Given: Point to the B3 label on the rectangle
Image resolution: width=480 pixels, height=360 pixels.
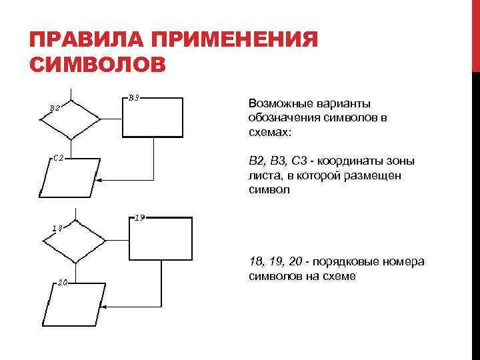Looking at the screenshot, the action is [x=133, y=97].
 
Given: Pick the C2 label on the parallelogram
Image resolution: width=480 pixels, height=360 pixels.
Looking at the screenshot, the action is [x=59, y=158].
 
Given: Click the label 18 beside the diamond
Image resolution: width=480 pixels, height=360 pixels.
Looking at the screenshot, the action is [x=59, y=228].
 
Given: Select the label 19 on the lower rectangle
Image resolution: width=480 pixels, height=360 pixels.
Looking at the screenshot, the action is [x=140, y=217].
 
